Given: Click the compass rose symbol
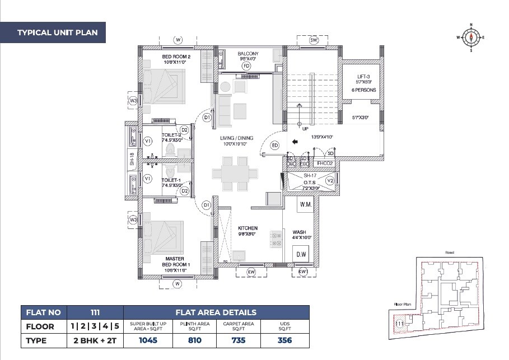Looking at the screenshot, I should click(471, 38).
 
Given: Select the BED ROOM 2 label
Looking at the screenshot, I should click(176, 57).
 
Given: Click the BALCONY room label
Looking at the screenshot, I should click(248, 54).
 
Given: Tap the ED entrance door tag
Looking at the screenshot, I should click(275, 146).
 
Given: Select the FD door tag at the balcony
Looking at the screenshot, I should click(246, 66).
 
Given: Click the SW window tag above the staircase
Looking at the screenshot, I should click(314, 40).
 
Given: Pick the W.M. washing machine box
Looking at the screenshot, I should click(306, 205).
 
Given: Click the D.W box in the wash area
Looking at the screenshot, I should click(301, 255).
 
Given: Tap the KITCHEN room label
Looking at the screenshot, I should click(248, 228).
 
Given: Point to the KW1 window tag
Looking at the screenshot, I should click(303, 272).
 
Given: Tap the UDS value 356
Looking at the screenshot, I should click(286, 340).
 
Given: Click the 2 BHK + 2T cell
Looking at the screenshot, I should click(94, 340).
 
